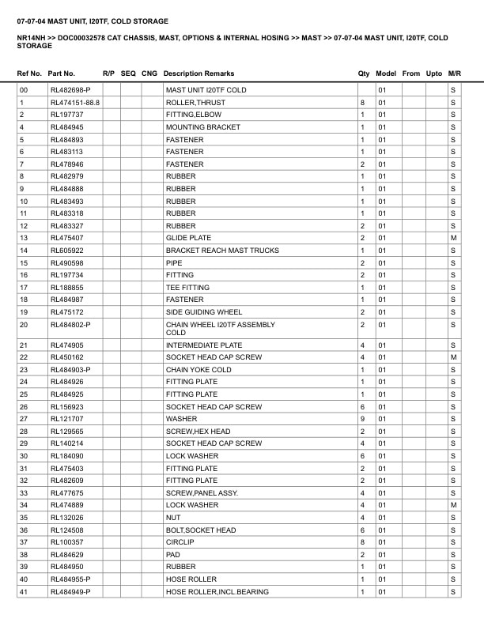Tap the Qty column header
pyautogui.click(x=364, y=74)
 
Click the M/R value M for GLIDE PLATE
pyautogui.click(x=453, y=238)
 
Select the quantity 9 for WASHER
pyautogui.click(x=362, y=419)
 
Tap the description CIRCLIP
pyautogui.click(x=180, y=542)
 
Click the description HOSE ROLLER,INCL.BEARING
pyautogui.click(x=217, y=592)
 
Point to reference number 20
pyautogui.click(x=24, y=324)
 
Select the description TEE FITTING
pyautogui.click(x=187, y=288)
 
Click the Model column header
pyautogui.click(x=386, y=74)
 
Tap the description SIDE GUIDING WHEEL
pyautogui.click(x=204, y=312)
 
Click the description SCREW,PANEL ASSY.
pyautogui.click(x=201, y=493)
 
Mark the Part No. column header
pyautogui.click(x=62, y=74)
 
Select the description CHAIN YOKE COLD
pyautogui.click(x=199, y=370)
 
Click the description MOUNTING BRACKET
pyautogui.click(x=202, y=127)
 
